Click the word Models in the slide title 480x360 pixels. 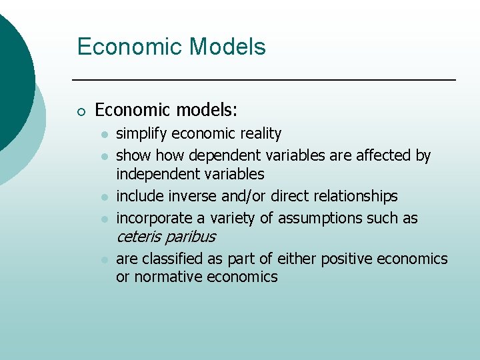coord(227,47)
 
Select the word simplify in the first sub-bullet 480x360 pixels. coord(142,134)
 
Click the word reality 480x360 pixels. coord(258,134)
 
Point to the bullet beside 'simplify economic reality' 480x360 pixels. coord(104,135)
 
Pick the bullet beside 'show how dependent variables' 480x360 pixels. coord(104,157)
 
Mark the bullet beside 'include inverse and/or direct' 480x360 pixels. coord(104,197)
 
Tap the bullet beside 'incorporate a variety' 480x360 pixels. coord(104,219)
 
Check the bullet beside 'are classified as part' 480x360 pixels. coord(104,259)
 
